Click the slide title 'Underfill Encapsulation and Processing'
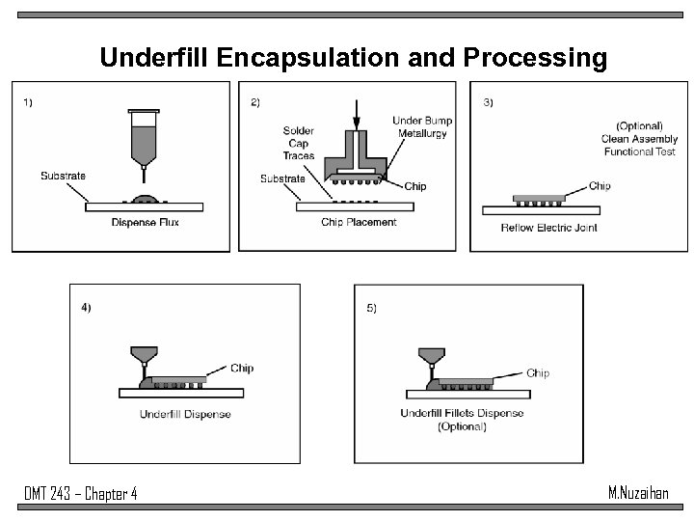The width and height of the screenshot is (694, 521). [354, 58]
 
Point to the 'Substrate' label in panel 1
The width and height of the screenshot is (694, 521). [63, 176]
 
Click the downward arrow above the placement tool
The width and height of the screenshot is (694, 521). [357, 115]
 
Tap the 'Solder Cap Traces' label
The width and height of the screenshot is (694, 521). [299, 143]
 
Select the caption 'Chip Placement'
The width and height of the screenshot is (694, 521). [359, 223]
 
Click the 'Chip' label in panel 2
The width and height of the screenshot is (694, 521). [415, 185]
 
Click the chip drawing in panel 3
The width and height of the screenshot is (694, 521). [540, 198]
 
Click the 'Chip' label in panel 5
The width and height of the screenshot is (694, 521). [538, 372]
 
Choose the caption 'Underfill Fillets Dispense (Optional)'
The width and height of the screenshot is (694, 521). [462, 420]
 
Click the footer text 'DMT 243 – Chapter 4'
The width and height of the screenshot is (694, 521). [80, 494]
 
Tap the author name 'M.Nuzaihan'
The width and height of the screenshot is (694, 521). [638, 493]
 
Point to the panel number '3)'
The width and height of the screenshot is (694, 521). [488, 103]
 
